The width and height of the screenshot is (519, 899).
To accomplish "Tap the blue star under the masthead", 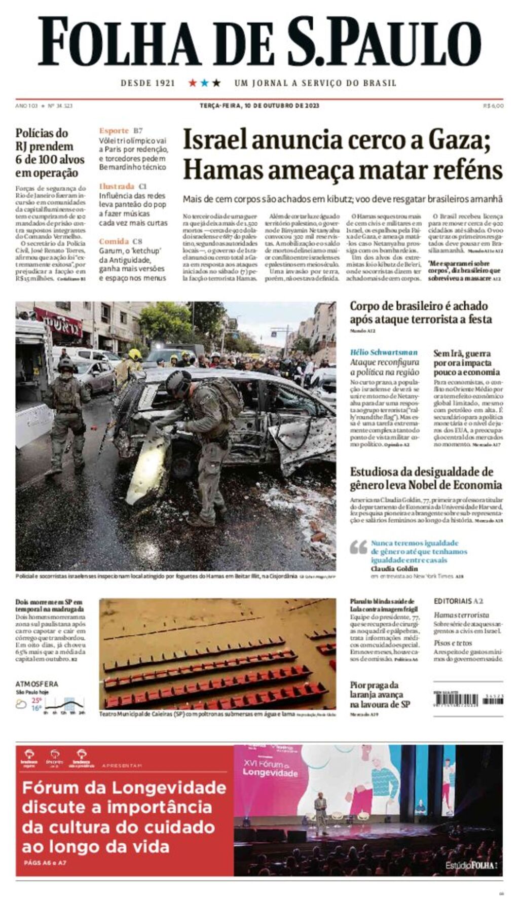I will click(204, 83).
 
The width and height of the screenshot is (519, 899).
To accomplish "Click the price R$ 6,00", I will click(493, 105).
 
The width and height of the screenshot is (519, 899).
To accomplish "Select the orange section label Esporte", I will click(114, 131).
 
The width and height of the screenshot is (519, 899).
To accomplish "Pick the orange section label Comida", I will click(114, 241).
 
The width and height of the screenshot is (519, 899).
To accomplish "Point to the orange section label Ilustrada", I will click(117, 186).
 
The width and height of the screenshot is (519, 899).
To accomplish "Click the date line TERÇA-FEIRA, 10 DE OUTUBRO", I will click(259, 105).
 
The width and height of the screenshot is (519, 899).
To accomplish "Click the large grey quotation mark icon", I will click(358, 547).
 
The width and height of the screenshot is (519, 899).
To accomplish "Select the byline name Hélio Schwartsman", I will click(384, 352).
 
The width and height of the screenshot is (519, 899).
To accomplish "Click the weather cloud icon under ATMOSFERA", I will click(21, 704).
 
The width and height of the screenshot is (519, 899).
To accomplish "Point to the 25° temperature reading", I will click(36, 700).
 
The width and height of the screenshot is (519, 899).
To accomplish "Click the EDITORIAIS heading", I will click(453, 601).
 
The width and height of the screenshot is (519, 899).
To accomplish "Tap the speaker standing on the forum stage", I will click(320, 810).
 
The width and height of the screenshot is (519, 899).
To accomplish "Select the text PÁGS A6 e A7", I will click(45, 862).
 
